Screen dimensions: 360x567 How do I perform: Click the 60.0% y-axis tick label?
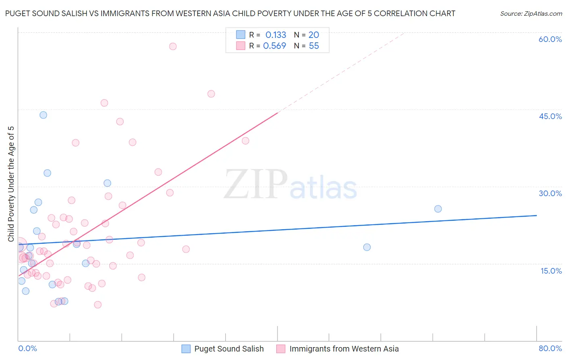(550, 39)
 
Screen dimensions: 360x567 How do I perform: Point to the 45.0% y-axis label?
(550, 116)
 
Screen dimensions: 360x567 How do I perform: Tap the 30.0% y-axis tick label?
(550, 193)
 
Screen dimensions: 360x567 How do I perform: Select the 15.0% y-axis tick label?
(551, 271)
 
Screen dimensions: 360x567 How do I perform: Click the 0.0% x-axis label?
(27, 348)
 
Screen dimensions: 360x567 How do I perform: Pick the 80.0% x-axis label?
(550, 348)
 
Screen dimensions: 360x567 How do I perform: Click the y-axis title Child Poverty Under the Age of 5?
(11, 184)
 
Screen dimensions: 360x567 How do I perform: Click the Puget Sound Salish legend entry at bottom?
(229, 349)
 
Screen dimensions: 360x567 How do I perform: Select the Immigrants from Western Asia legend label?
(344, 349)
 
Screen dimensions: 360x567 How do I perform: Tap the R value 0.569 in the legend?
(274, 46)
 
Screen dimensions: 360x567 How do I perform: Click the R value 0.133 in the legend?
(275, 35)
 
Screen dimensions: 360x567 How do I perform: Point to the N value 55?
(314, 46)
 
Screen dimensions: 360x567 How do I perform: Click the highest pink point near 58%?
(173, 46)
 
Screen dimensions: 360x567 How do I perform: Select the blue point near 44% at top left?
(43, 115)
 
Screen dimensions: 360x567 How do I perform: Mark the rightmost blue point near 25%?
(438, 209)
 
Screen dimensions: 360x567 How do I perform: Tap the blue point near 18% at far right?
(367, 247)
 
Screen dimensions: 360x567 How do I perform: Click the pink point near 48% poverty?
(211, 94)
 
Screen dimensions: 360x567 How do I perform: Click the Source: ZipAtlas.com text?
(531, 14)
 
